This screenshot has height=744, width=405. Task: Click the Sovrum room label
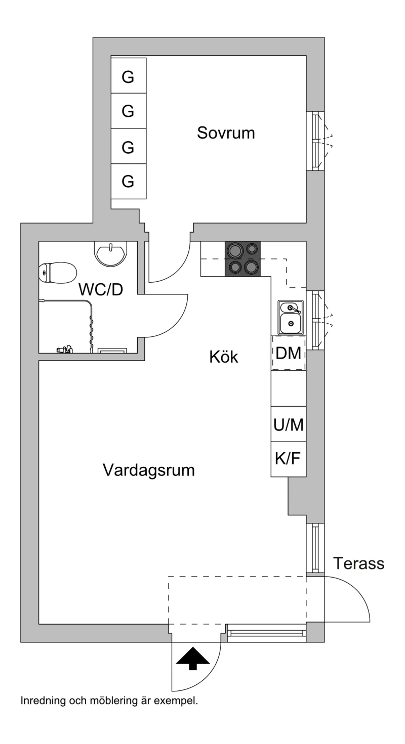pyautogui.click(x=226, y=133)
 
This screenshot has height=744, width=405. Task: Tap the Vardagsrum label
pyautogui.click(x=149, y=470)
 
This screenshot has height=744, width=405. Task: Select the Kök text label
pyautogui.click(x=224, y=357)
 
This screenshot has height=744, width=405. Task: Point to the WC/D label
pyautogui.click(x=101, y=289)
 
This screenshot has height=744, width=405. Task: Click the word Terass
pyautogui.click(x=359, y=563)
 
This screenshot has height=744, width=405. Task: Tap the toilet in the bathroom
pyautogui.click(x=58, y=273)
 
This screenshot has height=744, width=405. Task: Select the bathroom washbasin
pyautogui.click(x=111, y=254)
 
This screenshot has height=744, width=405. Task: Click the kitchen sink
pyautogui.click(x=291, y=317)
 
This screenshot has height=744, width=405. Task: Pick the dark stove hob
pyautogui.click(x=242, y=259)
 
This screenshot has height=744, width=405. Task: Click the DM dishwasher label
pyautogui.click(x=289, y=353)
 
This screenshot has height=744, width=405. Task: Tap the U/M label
pyautogui.click(x=289, y=424)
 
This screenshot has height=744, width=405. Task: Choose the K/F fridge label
pyautogui.click(x=288, y=459)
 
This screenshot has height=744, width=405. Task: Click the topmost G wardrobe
pyautogui.click(x=129, y=75)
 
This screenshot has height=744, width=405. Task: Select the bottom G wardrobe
pyautogui.click(x=129, y=182)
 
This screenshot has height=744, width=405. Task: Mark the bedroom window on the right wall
pyautogui.click(x=315, y=141)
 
